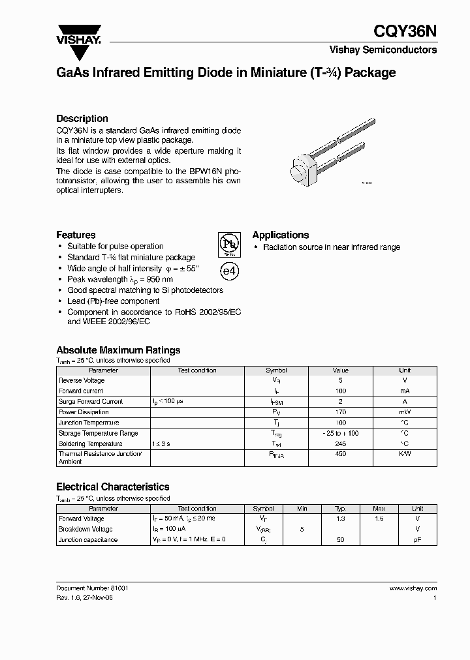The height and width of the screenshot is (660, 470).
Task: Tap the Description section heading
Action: pyautogui.click(x=82, y=119)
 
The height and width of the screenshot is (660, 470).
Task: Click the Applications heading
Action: pyautogui.click(x=281, y=235)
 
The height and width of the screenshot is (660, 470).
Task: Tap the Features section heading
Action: pyautogui.click(x=76, y=235)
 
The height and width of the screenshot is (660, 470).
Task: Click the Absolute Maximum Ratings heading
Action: pyautogui.click(x=118, y=350)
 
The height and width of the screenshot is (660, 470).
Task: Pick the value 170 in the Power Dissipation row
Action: pyautogui.click(x=339, y=412)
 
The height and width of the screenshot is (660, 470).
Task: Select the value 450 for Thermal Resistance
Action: pyautogui.click(x=339, y=455)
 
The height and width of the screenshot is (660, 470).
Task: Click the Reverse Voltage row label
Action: pyautogui.click(x=82, y=380)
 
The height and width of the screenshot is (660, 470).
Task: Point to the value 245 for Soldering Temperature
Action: pyautogui.click(x=339, y=443)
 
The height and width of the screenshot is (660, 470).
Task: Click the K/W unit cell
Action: pyautogui.click(x=405, y=455)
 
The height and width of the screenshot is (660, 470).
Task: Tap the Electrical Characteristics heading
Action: pyautogui.click(x=113, y=487)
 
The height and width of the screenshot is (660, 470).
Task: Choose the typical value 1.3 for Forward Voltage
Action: pyautogui.click(x=340, y=519)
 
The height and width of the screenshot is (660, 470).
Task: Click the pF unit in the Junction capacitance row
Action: pyautogui.click(x=418, y=540)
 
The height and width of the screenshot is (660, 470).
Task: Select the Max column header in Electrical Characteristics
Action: pyautogui.click(x=379, y=509)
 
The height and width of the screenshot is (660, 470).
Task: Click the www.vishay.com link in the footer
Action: pyautogui.click(x=413, y=588)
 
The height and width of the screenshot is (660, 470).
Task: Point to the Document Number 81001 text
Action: pyautogui.click(x=92, y=588)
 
